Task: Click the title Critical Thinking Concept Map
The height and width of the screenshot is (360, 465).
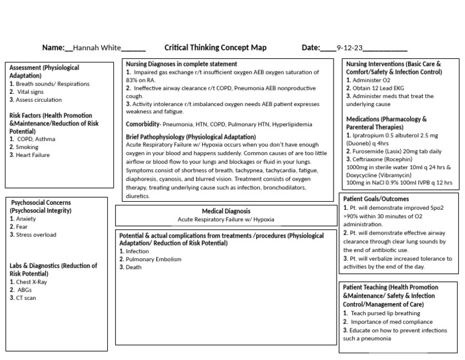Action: pyautogui.click(x=215, y=48)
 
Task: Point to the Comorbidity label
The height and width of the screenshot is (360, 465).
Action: pyautogui.click(x=142, y=124)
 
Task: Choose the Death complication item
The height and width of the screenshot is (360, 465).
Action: pyautogui.click(x=133, y=267)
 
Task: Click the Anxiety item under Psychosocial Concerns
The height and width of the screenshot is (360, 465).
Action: pyautogui.click(x=27, y=219)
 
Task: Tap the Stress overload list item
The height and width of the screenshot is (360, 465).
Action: pyautogui.click(x=36, y=235)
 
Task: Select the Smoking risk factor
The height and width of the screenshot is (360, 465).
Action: pyautogui.click(x=27, y=147)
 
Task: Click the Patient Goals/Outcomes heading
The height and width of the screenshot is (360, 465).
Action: pyautogui.click(x=376, y=199)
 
